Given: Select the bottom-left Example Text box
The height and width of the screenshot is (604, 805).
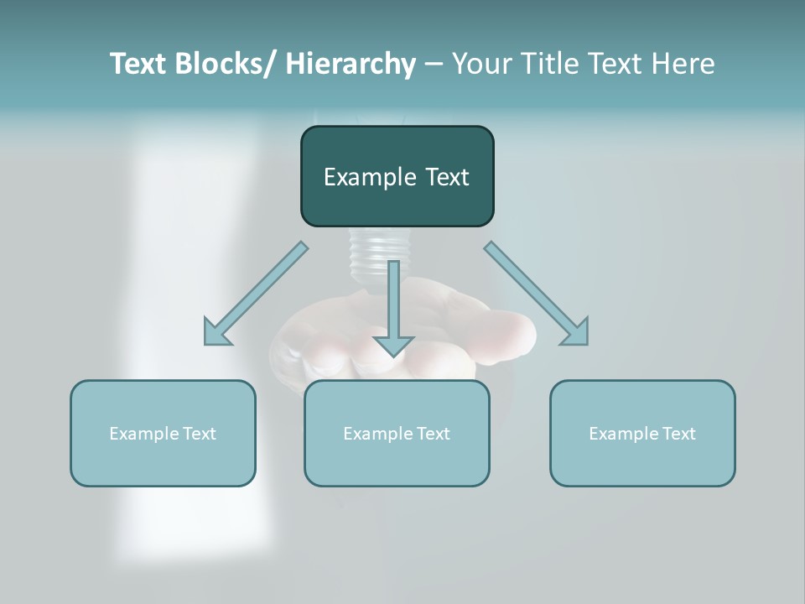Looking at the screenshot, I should point(163,434).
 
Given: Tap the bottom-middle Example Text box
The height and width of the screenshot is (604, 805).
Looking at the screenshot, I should point(397,434).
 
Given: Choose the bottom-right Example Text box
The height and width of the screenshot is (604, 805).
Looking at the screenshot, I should point(642,434).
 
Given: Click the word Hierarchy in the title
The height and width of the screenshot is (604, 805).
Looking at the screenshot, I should point(351,64).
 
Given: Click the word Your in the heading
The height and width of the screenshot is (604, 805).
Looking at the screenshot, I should point(481,64).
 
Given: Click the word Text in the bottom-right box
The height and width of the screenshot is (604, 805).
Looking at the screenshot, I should point(678,434).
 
